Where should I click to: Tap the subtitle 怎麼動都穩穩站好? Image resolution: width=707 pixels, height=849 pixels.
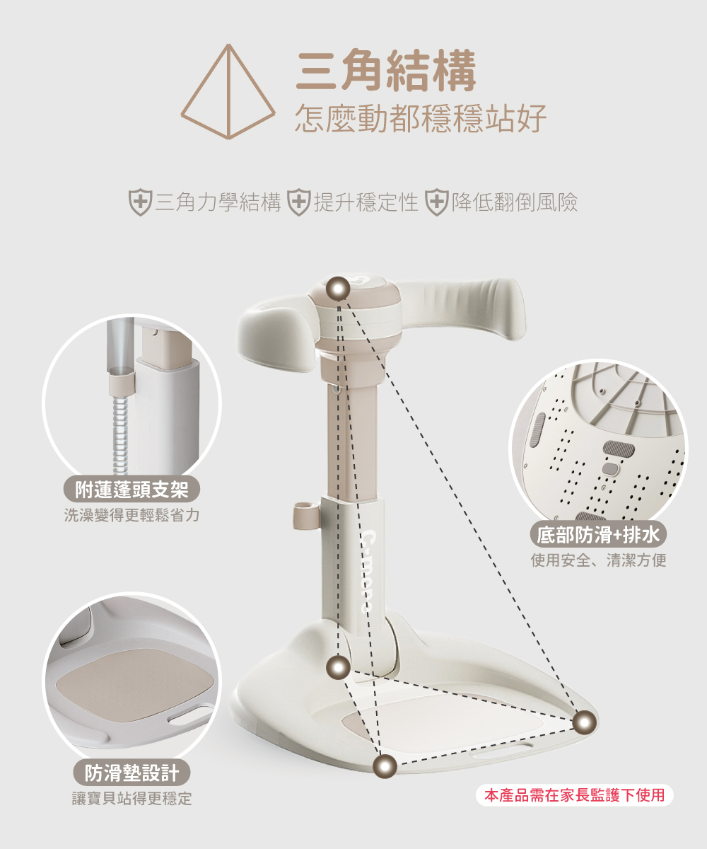coord(421,118)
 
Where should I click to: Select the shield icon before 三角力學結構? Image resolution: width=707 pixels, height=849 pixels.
coord(140,202)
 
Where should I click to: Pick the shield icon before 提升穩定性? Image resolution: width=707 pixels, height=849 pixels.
coord(298,202)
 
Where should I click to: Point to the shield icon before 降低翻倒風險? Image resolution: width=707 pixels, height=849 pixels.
coord(437,202)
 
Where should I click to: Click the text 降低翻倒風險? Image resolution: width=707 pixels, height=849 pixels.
coord(515,202)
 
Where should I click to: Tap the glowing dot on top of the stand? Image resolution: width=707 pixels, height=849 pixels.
coord(338,289)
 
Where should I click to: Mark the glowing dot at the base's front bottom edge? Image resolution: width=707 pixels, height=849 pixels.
coord(385,766)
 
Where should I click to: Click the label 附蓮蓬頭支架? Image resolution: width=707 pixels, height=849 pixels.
coord(132,488)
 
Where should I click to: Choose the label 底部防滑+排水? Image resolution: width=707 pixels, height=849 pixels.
coord(598,534)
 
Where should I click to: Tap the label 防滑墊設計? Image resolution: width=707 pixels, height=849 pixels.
coord(132,772)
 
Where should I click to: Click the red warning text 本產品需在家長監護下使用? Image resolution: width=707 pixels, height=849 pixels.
coord(575,795)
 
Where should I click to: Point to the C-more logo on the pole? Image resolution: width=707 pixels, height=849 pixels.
coord(367,571)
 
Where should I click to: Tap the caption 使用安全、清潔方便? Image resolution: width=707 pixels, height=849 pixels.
coord(599,560)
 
